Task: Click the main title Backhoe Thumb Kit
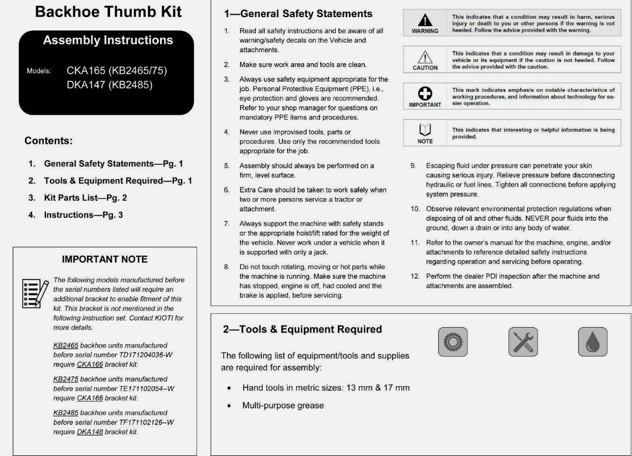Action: click(108, 12)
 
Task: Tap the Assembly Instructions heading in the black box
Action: click(108, 40)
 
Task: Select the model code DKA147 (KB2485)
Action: click(109, 85)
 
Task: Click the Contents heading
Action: click(49, 141)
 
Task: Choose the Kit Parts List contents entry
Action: click(81, 198)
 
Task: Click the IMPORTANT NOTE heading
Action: click(105, 259)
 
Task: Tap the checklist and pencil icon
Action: click(34, 293)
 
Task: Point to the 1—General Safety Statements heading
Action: click(298, 14)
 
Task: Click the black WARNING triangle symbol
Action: click(425, 20)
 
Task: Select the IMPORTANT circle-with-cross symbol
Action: click(425, 94)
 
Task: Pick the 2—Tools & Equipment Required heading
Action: click(302, 329)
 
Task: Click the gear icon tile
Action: click(453, 341)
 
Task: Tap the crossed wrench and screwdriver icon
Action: click(523, 341)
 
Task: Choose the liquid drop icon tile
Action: click(593, 341)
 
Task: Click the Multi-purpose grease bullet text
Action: click(283, 406)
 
